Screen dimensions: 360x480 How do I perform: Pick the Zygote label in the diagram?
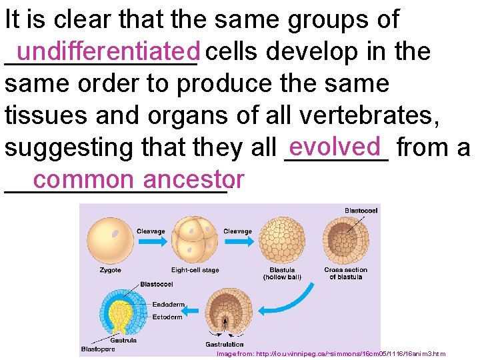pos(110,270)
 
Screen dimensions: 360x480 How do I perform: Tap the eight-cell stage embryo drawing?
pos(195,239)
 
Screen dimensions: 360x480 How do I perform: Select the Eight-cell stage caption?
pos(195,270)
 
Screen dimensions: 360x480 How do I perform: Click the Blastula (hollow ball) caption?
pos(279,273)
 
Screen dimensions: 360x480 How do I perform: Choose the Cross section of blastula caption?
pos(345,273)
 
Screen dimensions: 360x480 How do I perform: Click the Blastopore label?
pos(98,349)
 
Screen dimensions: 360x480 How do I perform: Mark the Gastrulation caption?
pos(224,345)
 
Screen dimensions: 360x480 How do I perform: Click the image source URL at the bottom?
pos(331,354)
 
